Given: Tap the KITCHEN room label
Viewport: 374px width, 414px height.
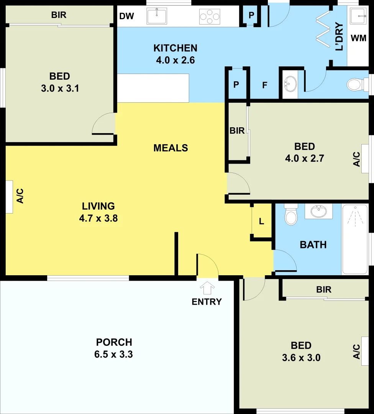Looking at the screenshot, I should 175,48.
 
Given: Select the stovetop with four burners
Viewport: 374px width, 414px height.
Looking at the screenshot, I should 210,16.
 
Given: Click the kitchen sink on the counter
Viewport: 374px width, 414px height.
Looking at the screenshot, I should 157,16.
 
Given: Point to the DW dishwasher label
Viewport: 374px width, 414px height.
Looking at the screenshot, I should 126,16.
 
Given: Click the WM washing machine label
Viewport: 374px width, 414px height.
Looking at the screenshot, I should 358,38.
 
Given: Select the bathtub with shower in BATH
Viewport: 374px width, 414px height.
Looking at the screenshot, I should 354,239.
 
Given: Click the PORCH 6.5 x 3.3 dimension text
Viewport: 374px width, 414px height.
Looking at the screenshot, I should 113,354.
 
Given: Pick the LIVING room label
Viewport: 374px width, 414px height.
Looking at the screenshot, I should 98,206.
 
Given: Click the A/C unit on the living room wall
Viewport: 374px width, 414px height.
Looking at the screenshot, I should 9,197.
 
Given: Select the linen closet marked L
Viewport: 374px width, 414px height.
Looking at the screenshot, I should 261,221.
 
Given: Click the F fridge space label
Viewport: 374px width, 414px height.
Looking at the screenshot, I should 264,85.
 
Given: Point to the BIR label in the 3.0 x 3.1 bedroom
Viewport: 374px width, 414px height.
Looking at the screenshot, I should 59,15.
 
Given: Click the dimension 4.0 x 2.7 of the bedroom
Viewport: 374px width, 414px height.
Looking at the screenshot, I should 305,158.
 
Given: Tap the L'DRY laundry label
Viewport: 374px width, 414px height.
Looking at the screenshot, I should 339,38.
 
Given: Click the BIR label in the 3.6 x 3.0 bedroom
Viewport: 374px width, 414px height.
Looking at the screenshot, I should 324,290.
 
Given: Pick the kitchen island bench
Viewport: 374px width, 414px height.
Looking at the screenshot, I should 153,88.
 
